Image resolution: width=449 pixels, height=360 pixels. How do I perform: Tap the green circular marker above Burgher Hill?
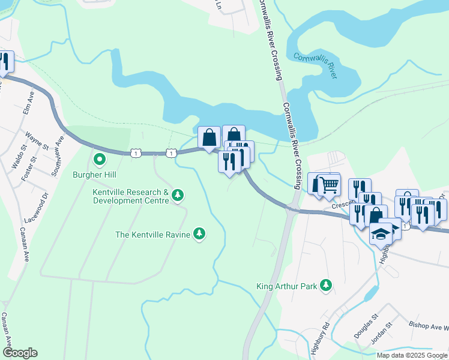pyautogui.click(x=99, y=160)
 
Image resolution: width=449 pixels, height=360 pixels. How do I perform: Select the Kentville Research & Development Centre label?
pyautogui.click(x=130, y=197)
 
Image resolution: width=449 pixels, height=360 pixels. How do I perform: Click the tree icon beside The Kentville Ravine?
pyautogui.click(x=199, y=234)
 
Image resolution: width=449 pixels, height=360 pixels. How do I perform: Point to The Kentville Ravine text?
pyautogui.click(x=152, y=234)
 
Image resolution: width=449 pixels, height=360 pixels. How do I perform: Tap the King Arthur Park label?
pyautogui.click(x=286, y=286)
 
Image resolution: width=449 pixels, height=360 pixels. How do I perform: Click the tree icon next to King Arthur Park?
pyautogui.click(x=325, y=286)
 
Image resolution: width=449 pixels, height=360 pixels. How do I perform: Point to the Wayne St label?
pyautogui.click(x=37, y=139)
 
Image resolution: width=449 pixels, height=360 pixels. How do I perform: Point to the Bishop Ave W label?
pyautogui.click(x=429, y=328)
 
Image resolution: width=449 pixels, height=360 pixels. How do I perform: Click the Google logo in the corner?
pyautogui.click(x=19, y=353)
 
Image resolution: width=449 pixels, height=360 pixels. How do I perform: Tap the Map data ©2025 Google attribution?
pyautogui.click(x=412, y=355)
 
